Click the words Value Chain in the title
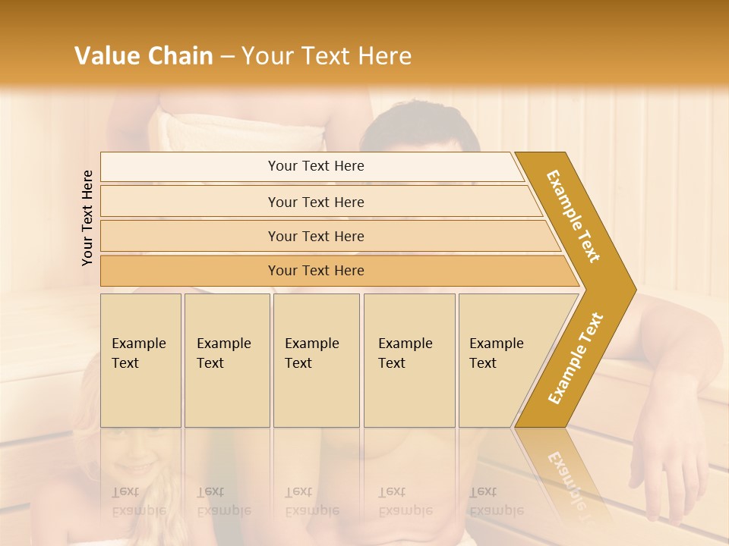[144, 56]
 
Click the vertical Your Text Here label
[87, 218]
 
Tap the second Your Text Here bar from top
[316, 202]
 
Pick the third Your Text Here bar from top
[316, 236]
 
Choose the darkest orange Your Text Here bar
[316, 271]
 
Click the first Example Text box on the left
[140, 360]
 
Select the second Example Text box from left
[226, 360]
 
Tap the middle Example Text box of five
[316, 360]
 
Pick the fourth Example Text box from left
[409, 360]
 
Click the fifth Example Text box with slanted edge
[501, 360]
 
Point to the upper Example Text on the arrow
[573, 216]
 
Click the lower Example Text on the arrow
[575, 358]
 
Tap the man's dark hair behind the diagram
[418, 121]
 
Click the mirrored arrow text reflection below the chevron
[566, 478]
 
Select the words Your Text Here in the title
[327, 56]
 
